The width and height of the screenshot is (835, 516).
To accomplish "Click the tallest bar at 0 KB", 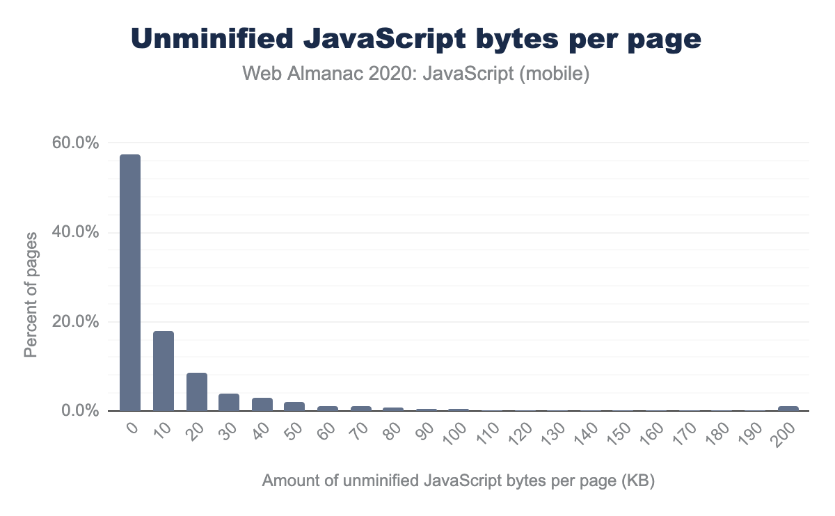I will tap(130, 282).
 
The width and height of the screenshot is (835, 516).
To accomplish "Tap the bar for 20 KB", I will tap(197, 392).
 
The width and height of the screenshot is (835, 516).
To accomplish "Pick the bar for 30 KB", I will tap(230, 402).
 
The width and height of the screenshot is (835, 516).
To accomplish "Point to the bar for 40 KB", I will tap(262, 404).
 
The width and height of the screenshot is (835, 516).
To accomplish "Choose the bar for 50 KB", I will tap(295, 406).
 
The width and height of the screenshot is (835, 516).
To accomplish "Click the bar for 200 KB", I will tap(788, 408).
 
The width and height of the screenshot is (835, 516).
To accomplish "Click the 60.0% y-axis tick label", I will tap(77, 143).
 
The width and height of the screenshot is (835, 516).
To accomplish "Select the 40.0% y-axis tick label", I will tap(77, 232).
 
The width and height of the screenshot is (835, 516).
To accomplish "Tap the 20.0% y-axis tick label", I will tap(77, 322).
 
